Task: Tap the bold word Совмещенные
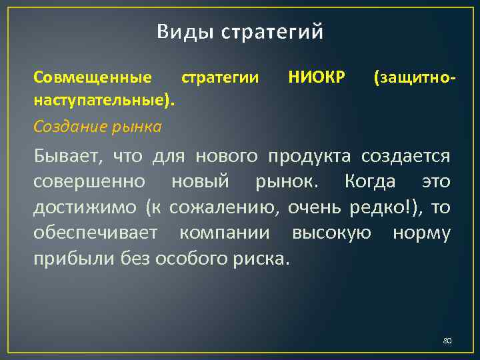[x=92, y=78]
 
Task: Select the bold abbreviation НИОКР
[x=317, y=78]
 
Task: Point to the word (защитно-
[x=415, y=78]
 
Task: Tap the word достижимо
[x=86, y=207]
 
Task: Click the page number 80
[x=447, y=341]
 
